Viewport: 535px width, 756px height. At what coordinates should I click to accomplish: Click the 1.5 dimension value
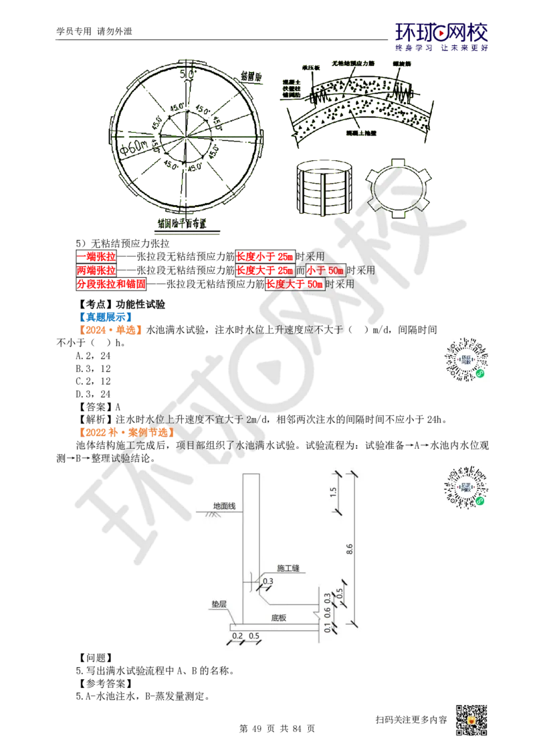coord(334,494)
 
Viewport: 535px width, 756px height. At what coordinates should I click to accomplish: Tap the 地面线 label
coord(224,506)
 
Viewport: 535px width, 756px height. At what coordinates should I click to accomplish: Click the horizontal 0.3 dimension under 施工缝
coord(268,582)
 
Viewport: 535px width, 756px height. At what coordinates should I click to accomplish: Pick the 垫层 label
coord(219,604)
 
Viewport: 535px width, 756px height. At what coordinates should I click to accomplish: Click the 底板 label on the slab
coord(279,618)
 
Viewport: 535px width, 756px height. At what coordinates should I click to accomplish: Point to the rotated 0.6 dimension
coord(327,612)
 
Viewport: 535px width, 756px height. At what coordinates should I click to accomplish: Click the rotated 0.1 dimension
coord(327,628)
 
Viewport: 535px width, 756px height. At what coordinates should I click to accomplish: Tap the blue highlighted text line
coord(106,315)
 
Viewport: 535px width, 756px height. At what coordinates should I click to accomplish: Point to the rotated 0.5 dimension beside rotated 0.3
coord(340,592)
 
